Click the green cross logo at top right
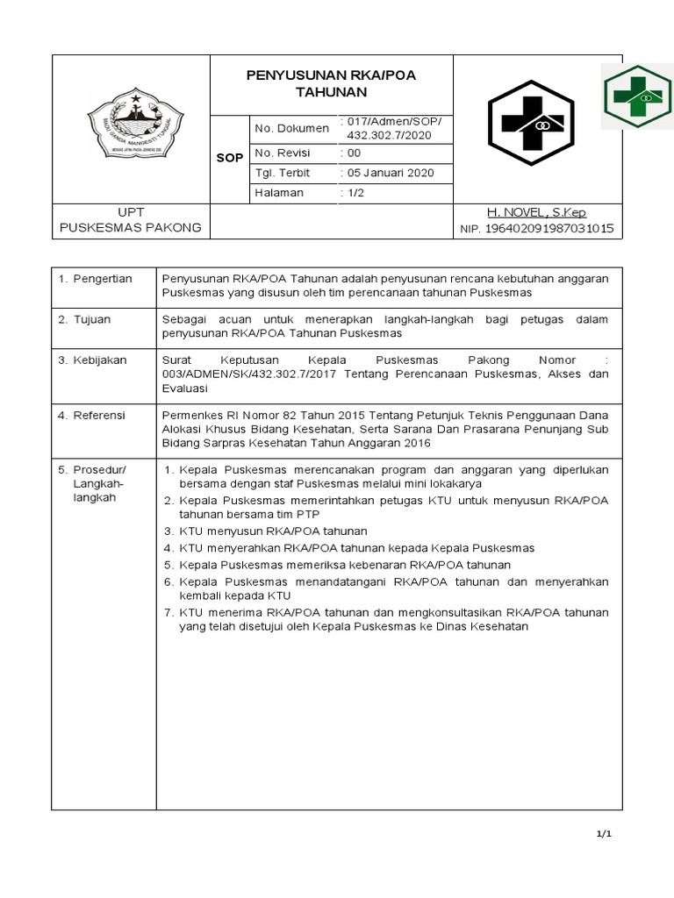(637, 96)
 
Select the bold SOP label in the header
(229, 159)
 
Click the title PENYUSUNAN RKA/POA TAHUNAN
(331, 83)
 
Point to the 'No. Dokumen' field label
(291, 129)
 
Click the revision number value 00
(350, 152)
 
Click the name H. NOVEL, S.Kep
(536, 213)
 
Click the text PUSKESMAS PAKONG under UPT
(130, 228)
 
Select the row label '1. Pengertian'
(95, 279)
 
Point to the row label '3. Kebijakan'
(92, 360)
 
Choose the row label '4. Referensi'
(92, 414)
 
